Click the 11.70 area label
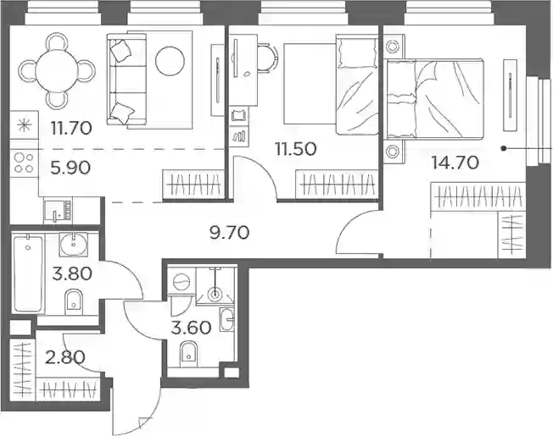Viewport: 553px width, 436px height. [71, 128]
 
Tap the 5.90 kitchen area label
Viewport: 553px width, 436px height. [70, 168]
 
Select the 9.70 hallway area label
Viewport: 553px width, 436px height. [229, 233]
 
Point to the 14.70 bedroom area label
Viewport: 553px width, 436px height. [455, 163]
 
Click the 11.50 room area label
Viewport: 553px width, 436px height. [296, 149]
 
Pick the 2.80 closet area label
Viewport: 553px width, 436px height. [65, 357]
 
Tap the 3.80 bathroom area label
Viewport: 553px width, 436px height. [72, 273]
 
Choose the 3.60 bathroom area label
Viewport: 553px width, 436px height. [191, 328]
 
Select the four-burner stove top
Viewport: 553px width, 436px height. [24, 163]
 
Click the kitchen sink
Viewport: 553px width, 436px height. [59, 211]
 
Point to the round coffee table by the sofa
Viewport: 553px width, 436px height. [170, 61]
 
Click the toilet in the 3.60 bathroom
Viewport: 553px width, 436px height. [190, 353]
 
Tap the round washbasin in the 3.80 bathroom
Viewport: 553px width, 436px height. [74, 244]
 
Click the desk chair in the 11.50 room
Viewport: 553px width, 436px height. [267, 58]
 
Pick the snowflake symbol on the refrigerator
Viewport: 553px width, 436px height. [24, 125]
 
